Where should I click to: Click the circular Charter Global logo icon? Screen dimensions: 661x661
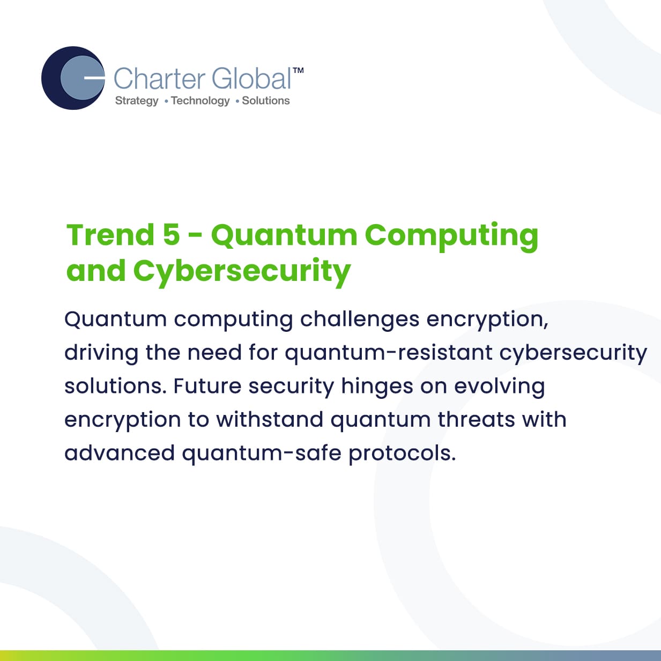pyautogui.click(x=73, y=78)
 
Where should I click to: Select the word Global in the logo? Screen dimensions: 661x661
pyautogui.click(x=251, y=78)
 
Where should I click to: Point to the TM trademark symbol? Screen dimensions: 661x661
pyautogui.click(x=298, y=70)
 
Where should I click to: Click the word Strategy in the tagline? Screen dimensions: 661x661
pyautogui.click(x=137, y=101)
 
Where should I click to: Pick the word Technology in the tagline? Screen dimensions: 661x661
pyautogui.click(x=200, y=101)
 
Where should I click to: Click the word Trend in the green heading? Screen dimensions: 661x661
pyautogui.click(x=110, y=235)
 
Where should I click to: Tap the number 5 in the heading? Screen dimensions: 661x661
pyautogui.click(x=172, y=235)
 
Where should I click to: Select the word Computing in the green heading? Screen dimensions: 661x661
pyautogui.click(x=451, y=237)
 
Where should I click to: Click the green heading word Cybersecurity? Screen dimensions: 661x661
pyautogui.click(x=242, y=273)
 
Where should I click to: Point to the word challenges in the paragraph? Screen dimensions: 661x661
pyautogui.click(x=360, y=320)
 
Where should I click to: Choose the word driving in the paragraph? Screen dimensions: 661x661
pyautogui.click(x=101, y=353)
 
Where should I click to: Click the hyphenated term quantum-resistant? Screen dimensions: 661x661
pyautogui.click(x=389, y=353)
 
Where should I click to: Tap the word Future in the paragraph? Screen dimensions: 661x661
pyautogui.click(x=207, y=386)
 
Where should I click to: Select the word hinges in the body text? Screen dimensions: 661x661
pyautogui.click(x=377, y=387)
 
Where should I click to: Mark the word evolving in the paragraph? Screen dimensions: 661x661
pyautogui.click(x=500, y=387)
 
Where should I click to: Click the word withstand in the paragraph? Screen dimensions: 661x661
pyautogui.click(x=270, y=420)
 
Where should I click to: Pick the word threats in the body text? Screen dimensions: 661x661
pyautogui.click(x=477, y=420)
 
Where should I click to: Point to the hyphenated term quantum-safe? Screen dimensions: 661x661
pyautogui.click(x=262, y=453)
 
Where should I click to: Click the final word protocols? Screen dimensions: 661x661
pyautogui.click(x=403, y=453)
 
